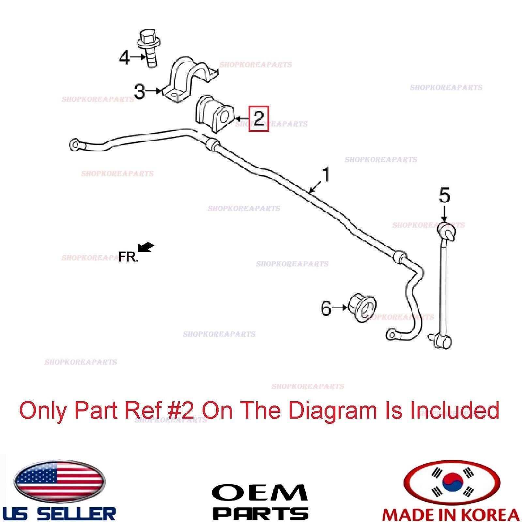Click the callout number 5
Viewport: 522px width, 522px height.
click(x=444, y=196)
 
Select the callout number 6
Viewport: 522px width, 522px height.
click(x=326, y=308)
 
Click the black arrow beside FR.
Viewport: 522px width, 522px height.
click(x=146, y=247)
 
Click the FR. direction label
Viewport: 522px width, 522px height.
click(x=128, y=257)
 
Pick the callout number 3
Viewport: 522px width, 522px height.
click(x=140, y=92)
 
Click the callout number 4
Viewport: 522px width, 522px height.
click(x=125, y=58)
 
